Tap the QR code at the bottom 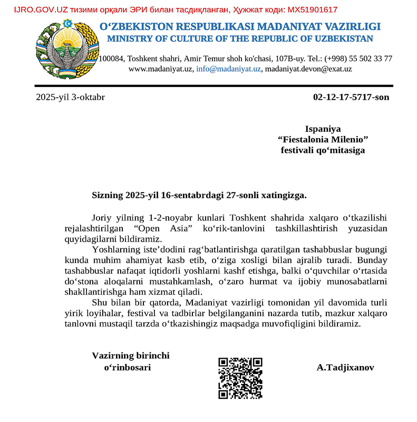[240, 378]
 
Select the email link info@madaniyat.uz [229, 69]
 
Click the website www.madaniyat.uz [160, 69]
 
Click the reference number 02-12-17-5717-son [351, 97]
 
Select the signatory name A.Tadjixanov [345, 367]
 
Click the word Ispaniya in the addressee [323, 128]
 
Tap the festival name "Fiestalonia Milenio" [323, 139]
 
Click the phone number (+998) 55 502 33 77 [358, 59]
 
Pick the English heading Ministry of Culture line [240, 39]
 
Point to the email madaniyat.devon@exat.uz [308, 69]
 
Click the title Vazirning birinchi [131, 356]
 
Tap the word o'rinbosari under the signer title [131, 367]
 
